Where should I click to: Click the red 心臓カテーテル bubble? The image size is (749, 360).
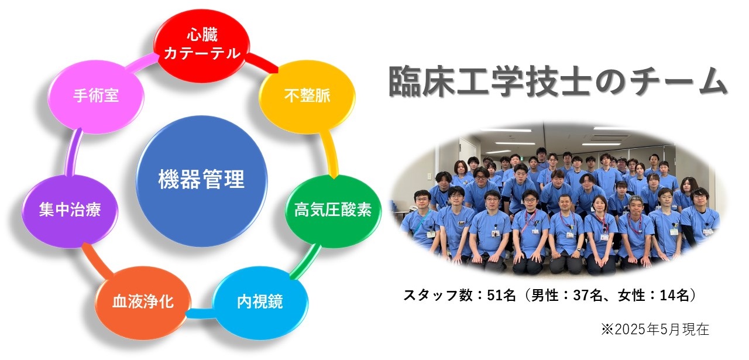click(202, 46)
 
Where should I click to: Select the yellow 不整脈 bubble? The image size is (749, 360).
click(307, 97)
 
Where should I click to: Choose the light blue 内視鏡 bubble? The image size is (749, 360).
click(260, 303)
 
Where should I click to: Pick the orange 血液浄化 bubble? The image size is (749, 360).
click(143, 303)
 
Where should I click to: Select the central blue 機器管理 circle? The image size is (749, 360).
click(202, 181)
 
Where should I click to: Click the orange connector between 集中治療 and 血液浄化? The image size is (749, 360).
click(97, 260)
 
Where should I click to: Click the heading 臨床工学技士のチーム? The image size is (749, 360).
click(557, 81)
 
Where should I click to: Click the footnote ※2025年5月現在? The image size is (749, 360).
click(655, 329)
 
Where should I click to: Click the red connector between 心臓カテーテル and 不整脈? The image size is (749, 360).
click(263, 62)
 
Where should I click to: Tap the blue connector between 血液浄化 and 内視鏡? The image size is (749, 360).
click(201, 313)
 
